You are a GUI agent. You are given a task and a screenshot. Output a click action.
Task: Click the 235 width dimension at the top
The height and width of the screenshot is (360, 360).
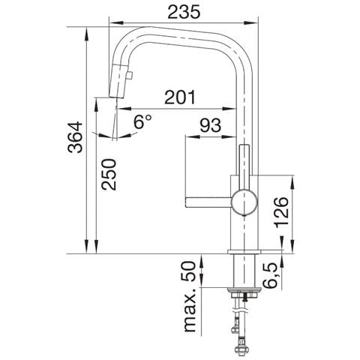pyautogui.click(x=184, y=12)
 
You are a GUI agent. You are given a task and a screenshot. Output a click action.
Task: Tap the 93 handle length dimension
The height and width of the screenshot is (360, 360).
pyautogui.click(x=210, y=125)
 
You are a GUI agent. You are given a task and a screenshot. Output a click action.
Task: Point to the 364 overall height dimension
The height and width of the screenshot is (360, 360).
pyautogui.click(x=75, y=137)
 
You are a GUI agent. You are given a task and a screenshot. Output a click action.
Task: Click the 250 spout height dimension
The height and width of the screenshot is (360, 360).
pyautogui.click(x=109, y=174)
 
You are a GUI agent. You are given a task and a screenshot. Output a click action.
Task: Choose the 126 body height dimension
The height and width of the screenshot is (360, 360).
pyautogui.click(x=281, y=212)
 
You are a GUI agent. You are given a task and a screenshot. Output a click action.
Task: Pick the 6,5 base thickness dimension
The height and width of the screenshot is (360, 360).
pyautogui.click(x=270, y=275)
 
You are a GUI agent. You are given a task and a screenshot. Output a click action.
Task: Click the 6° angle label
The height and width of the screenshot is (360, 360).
pyautogui.click(x=142, y=121)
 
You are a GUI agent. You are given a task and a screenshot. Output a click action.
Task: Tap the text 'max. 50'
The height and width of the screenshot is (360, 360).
pyautogui.click(x=190, y=296)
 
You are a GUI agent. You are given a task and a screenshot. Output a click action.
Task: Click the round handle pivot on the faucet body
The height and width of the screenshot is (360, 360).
pyautogui.click(x=244, y=202)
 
